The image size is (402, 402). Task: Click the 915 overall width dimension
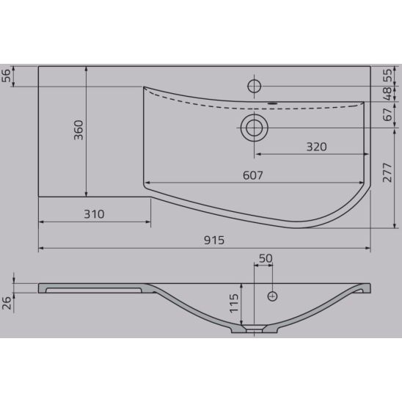click(214, 240)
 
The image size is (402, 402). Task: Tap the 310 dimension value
click(94, 214)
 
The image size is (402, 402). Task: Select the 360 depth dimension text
click(78, 131)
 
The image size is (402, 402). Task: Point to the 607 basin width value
click(253, 175)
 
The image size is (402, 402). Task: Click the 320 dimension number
click(317, 147)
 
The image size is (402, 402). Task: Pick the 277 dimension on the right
click(387, 172)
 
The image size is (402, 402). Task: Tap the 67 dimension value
click(387, 114)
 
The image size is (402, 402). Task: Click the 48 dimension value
click(387, 94)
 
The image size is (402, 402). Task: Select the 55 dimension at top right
click(387, 76)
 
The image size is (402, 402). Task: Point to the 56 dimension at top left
click(6, 76)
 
